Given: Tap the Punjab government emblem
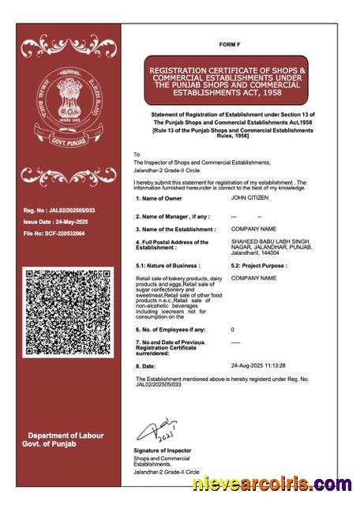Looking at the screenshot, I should [69, 107].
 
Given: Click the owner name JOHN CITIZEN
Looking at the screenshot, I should [250, 198].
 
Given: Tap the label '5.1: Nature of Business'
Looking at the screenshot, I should [167, 266].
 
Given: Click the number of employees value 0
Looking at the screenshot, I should [232, 329].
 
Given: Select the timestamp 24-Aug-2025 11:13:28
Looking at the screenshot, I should [257, 366].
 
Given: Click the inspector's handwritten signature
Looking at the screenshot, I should [156, 431].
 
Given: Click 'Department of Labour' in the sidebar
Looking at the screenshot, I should [66, 436].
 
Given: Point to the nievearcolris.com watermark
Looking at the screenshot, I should [272, 483].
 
